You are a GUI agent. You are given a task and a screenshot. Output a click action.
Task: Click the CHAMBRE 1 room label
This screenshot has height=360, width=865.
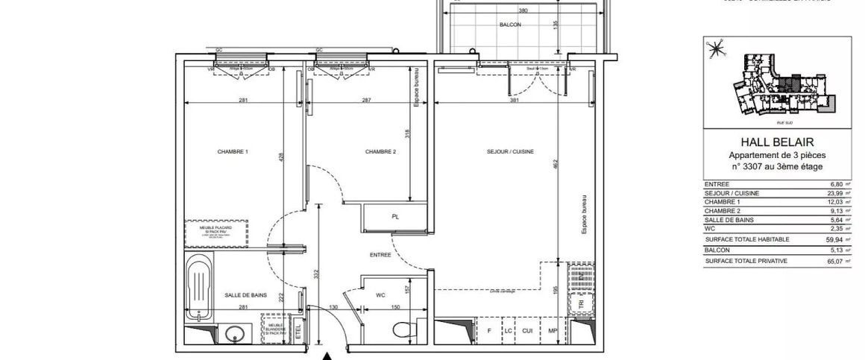click(x=232, y=152)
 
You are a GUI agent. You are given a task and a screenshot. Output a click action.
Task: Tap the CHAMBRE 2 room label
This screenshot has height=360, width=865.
click(x=380, y=152)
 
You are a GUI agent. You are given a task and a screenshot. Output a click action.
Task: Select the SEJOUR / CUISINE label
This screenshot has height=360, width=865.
click(x=510, y=152)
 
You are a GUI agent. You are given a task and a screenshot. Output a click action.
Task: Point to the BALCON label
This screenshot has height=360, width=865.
click(x=510, y=25)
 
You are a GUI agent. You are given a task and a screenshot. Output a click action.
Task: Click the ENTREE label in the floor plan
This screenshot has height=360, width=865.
click(x=380, y=256)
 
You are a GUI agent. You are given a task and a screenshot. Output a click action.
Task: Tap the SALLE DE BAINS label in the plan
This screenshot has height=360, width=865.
click(x=245, y=296)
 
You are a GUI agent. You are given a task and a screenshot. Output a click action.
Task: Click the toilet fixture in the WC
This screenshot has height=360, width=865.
click(x=402, y=329)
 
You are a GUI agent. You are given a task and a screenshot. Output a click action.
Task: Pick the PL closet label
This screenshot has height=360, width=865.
click(x=395, y=218)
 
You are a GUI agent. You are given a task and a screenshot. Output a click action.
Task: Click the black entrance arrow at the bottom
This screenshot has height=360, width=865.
click(x=327, y=356)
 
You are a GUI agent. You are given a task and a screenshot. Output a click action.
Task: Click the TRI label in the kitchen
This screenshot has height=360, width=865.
click(x=580, y=304)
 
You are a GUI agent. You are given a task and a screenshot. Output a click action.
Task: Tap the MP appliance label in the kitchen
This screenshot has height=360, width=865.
click(x=553, y=330)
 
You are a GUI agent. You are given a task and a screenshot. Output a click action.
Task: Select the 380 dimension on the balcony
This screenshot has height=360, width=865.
click(x=523, y=10)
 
